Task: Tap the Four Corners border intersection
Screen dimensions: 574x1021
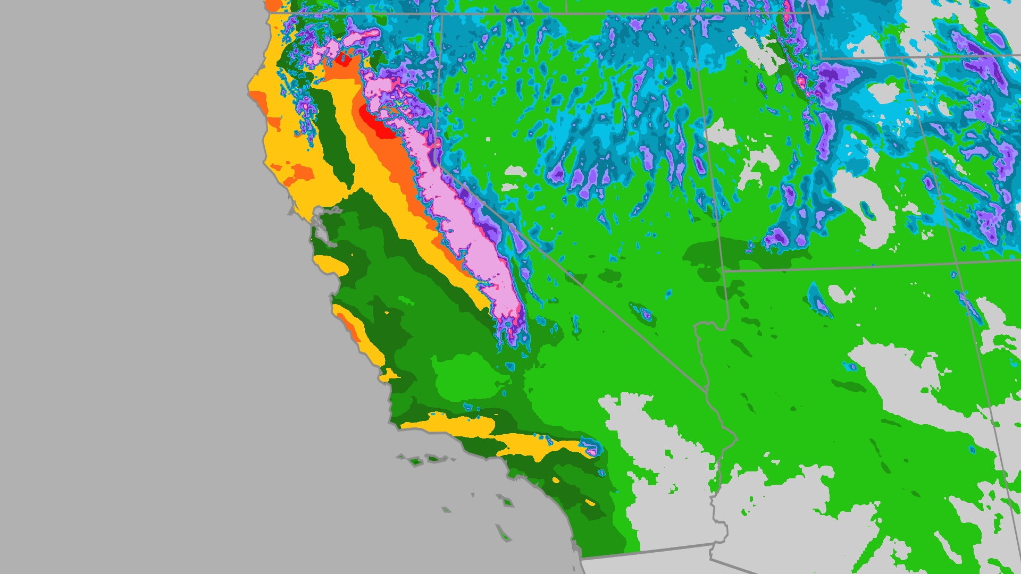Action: [957, 262]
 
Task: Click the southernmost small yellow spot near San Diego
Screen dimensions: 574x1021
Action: [590, 502]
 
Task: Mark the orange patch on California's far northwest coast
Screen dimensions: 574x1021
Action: [258, 98]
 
